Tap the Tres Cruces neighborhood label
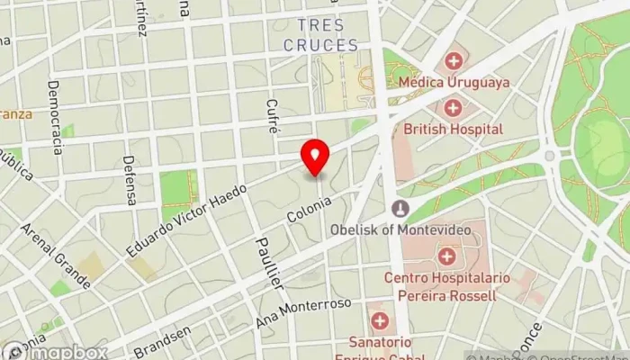pyautogui.click(x=320, y=35)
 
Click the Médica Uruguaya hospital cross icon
pyautogui.click(x=454, y=61)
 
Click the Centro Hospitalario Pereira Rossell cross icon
pyautogui.click(x=445, y=256)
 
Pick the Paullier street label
pyautogui.click(x=268, y=262)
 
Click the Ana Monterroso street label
pyautogui.click(x=304, y=315)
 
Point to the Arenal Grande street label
pyautogui.click(x=54, y=256)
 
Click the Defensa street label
pyautogui.click(x=130, y=180)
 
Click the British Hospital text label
pyautogui.click(x=453, y=129)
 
